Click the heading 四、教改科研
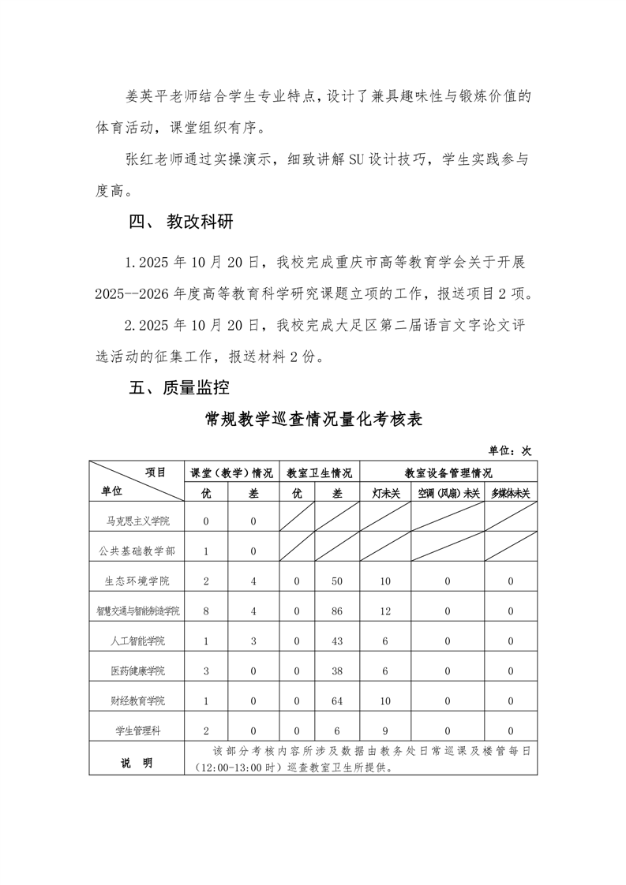click(x=181, y=222)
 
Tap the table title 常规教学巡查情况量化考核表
click(x=313, y=419)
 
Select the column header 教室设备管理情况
click(x=448, y=473)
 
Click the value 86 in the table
click(x=337, y=611)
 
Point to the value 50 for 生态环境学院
click(x=337, y=581)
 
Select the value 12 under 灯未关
click(x=386, y=611)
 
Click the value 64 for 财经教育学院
click(x=337, y=701)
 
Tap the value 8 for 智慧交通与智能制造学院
click(x=206, y=611)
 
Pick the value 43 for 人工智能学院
click(x=337, y=641)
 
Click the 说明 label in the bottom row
click(x=137, y=763)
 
